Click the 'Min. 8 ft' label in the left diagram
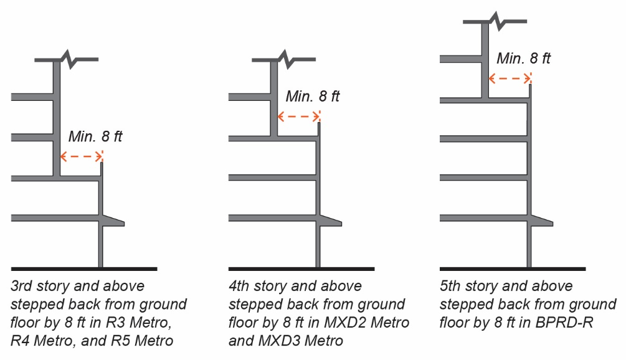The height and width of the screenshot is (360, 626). click(95, 137)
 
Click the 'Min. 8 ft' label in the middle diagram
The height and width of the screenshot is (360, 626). click(313, 97)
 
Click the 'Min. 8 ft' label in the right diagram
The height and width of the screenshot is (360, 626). click(524, 59)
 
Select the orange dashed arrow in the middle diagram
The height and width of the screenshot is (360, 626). click(298, 116)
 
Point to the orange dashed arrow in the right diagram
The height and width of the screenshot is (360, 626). click(510, 78)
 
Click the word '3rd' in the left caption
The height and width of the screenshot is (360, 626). click(22, 287)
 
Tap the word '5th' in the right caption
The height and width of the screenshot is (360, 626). click(452, 287)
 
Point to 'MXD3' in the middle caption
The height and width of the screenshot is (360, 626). click(275, 341)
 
